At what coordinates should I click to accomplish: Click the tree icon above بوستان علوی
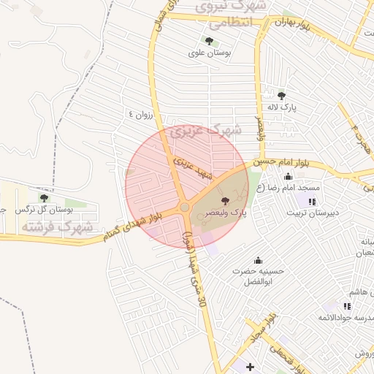click(x=209, y=41)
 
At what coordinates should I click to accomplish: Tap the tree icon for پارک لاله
click(x=282, y=95)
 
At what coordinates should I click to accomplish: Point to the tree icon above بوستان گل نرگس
click(x=43, y=197)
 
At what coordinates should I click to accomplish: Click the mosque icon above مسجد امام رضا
click(x=288, y=176)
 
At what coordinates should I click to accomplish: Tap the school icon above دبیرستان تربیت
click(x=312, y=202)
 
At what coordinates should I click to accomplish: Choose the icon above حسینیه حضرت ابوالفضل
click(x=257, y=260)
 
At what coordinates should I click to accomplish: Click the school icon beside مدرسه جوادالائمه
click(x=347, y=306)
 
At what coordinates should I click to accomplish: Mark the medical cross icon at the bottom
click(x=251, y=366)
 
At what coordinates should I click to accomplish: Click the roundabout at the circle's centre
click(x=184, y=208)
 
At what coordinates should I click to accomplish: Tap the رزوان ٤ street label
click(x=141, y=114)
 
